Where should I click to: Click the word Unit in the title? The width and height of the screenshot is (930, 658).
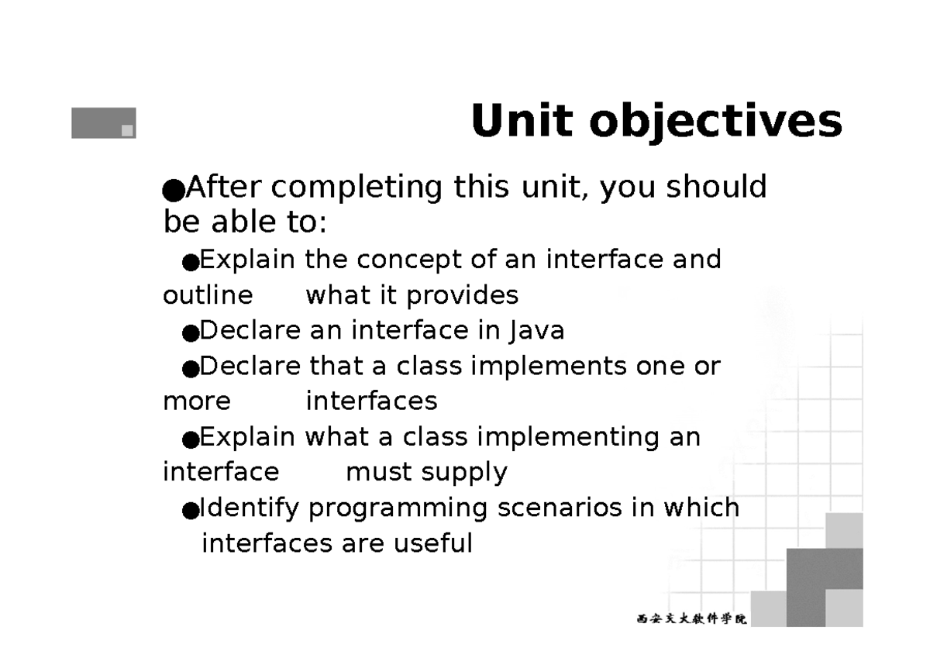click(x=522, y=120)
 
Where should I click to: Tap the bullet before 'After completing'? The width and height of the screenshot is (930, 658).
click(x=174, y=191)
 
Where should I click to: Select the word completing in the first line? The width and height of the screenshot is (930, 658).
click(x=356, y=188)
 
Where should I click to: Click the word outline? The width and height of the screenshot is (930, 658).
click(x=208, y=295)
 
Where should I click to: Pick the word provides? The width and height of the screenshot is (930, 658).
click(x=463, y=296)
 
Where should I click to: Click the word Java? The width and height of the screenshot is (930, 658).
click(x=537, y=331)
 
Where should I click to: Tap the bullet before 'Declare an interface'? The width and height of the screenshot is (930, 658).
click(x=191, y=333)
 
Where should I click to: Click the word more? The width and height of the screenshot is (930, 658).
click(x=197, y=402)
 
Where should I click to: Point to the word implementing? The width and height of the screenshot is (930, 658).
click(x=567, y=438)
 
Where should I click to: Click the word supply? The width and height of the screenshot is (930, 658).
click(x=464, y=474)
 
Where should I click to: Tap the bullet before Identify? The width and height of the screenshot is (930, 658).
click(x=191, y=510)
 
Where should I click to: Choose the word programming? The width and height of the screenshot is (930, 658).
click(x=398, y=509)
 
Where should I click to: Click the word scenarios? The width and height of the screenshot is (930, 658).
click(x=560, y=508)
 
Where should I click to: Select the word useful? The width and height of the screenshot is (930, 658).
click(x=433, y=543)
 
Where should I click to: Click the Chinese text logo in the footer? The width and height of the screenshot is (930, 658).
click(x=691, y=618)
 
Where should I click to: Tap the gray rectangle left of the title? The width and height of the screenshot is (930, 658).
click(x=104, y=123)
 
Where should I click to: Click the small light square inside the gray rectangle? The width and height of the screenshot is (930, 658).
click(x=127, y=130)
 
